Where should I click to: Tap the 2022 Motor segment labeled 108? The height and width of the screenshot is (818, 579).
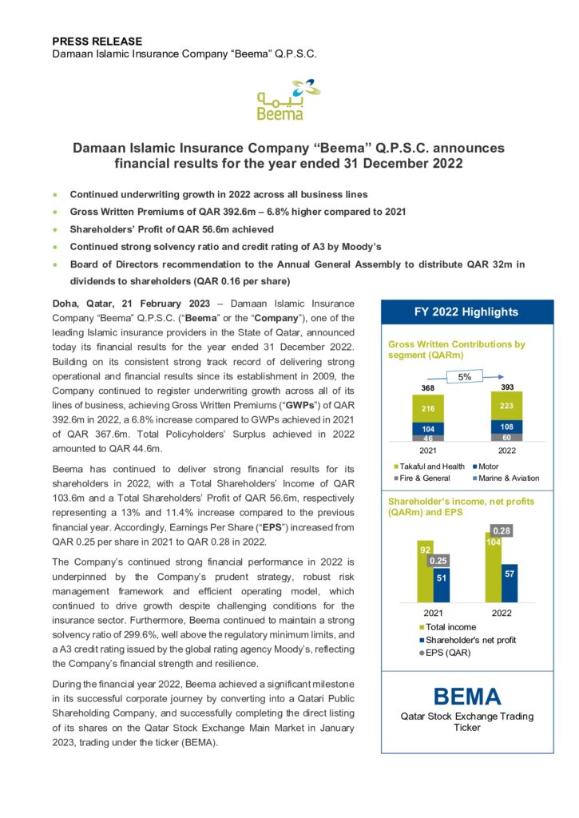pos(507,427)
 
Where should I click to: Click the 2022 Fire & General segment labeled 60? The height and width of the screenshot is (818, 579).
pos(507,438)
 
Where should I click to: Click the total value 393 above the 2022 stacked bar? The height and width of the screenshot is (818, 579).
pos(507,387)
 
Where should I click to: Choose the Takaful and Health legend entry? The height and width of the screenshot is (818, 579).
pos(430,466)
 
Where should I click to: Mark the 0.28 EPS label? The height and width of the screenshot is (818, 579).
pos(502,531)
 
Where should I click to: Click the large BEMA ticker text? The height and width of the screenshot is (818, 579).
pos(467,697)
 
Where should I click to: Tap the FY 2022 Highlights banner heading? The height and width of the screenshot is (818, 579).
pos(466,312)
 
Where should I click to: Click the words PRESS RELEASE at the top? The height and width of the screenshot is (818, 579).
pos(97,41)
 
